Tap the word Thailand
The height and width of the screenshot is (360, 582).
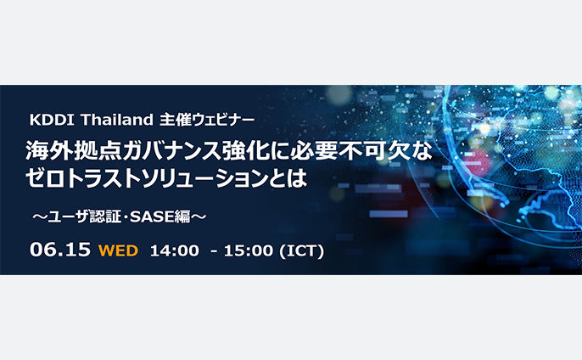pos(116,120)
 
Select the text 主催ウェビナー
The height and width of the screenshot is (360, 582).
pos(207,120)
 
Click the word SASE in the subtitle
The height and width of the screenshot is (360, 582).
pos(152,217)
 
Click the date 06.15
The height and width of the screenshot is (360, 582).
pos(60,250)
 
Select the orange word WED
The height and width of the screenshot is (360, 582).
pos(119,250)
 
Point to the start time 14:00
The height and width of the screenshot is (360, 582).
pos(175,250)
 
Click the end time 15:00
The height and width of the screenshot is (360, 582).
pos(249,250)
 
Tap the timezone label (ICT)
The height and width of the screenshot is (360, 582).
pos(301,250)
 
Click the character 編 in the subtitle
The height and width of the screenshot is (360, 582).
pos(182,217)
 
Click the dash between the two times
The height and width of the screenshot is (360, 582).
pos(214,251)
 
